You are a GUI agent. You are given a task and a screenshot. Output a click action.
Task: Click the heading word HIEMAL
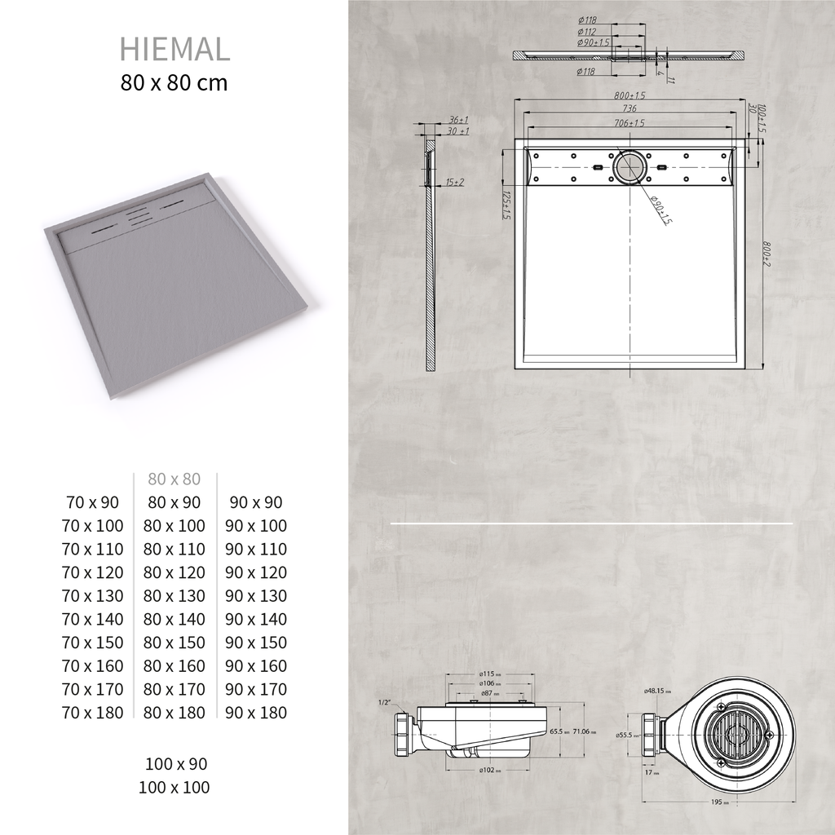[x=175, y=49]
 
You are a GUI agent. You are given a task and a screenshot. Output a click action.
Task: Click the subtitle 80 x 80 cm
[x=175, y=83]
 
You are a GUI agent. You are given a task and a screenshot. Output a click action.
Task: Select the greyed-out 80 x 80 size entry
[x=174, y=479]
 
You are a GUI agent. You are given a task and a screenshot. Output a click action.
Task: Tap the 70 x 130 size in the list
[x=93, y=596]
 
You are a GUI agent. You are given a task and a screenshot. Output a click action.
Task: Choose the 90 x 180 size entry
[x=256, y=713]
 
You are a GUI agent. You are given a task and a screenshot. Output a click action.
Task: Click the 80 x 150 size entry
[x=175, y=643]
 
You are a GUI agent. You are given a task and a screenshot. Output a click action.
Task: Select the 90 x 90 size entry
[x=256, y=503]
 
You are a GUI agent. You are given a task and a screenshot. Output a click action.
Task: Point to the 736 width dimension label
[x=629, y=108]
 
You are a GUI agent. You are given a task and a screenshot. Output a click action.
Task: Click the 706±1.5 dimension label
[x=629, y=123]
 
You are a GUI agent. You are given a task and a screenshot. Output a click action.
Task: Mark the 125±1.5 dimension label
[x=506, y=206]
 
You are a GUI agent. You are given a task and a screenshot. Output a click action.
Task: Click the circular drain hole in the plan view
[x=630, y=167]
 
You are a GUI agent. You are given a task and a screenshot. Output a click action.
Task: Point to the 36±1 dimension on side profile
[x=458, y=119]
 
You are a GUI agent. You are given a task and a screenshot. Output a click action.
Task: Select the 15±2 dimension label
[x=454, y=182]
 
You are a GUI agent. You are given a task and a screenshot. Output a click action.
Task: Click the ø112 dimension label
[x=585, y=30]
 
